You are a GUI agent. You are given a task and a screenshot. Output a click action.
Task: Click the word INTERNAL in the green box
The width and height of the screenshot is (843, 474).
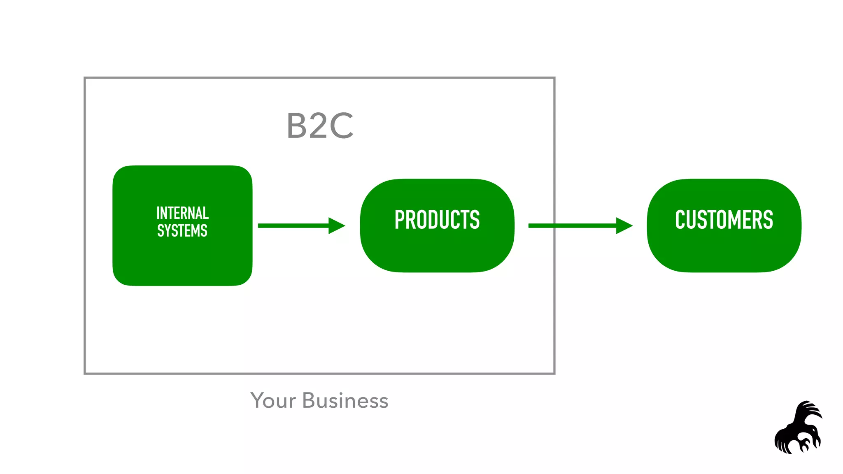[182, 213]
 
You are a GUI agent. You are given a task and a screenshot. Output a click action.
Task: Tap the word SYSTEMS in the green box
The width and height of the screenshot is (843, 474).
[182, 231]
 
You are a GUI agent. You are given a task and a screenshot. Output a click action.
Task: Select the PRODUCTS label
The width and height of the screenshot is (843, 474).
[437, 220]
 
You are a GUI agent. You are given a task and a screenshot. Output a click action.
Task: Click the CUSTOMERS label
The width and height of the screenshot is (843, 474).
[724, 220]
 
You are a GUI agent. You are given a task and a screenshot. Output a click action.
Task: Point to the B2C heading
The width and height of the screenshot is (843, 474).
[320, 126]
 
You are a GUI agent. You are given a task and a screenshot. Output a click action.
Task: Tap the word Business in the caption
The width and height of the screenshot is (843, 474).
[345, 401]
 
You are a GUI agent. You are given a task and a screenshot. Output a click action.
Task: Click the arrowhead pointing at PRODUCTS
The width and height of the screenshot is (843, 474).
[337, 225]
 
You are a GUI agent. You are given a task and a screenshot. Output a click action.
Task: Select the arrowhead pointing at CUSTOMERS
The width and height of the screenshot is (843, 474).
[624, 225]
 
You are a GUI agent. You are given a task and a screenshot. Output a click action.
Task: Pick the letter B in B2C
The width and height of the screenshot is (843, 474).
[296, 126]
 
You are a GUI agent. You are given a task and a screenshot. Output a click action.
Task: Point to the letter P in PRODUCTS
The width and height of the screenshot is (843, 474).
[400, 220]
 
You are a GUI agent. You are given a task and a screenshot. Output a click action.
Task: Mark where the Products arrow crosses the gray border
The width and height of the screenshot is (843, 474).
[554, 225]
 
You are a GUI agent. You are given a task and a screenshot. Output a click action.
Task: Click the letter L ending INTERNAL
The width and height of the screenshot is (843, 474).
[206, 213]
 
